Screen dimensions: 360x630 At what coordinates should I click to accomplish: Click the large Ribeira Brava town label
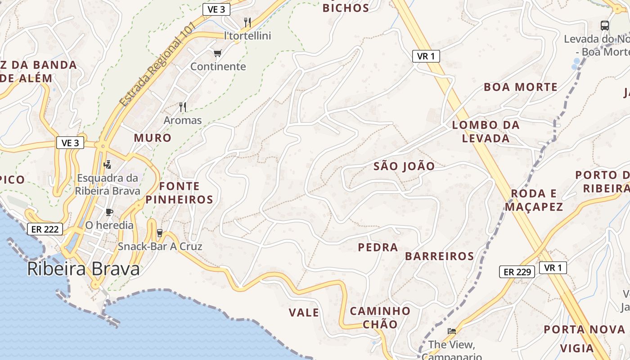click(83, 269)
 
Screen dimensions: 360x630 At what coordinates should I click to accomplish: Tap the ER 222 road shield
click(45, 229)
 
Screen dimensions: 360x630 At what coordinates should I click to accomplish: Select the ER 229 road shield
click(517, 272)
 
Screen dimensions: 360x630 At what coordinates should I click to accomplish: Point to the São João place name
click(404, 166)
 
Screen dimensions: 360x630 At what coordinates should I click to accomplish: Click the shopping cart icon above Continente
click(218, 54)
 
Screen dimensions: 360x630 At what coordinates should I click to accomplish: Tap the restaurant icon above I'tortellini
click(247, 22)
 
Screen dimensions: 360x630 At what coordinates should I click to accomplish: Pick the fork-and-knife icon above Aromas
click(183, 107)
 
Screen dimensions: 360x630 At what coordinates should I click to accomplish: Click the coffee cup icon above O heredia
click(109, 211)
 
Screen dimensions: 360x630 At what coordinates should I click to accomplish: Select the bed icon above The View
click(452, 331)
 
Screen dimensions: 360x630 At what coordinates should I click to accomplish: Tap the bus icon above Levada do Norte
click(605, 26)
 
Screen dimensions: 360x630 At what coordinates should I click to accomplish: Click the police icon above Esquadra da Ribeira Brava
click(107, 164)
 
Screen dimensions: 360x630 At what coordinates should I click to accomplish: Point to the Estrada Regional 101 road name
click(157, 64)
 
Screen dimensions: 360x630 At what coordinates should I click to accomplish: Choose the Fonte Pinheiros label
click(179, 193)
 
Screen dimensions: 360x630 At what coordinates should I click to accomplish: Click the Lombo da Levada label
click(486, 131)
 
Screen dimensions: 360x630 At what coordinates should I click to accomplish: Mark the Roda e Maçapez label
click(534, 200)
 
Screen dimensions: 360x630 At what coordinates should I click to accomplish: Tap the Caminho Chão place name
click(380, 317)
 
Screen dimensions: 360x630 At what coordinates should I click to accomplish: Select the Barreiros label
click(440, 256)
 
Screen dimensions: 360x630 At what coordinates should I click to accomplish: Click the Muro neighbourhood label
click(153, 138)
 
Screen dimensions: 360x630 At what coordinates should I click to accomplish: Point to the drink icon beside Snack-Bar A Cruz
click(159, 233)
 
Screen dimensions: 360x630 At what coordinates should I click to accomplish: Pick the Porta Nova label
click(585, 329)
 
